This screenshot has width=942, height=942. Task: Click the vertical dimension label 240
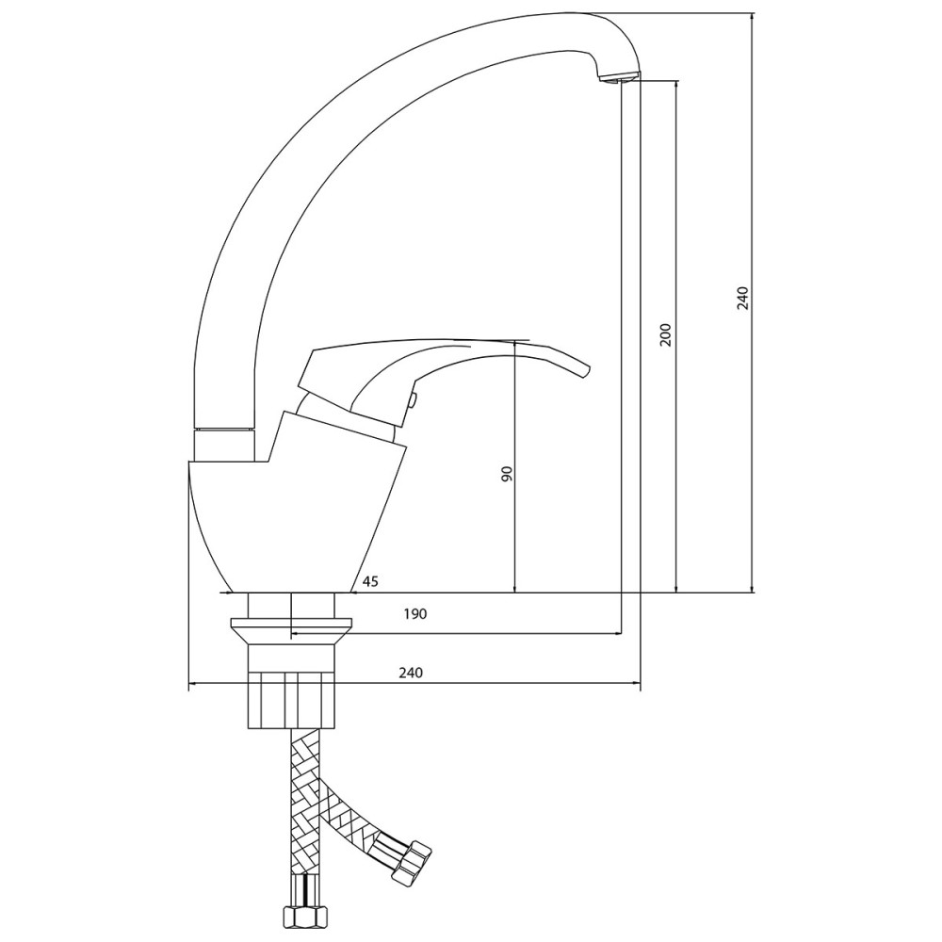(x=742, y=298)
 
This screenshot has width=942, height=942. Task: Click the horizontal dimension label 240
(x=411, y=673)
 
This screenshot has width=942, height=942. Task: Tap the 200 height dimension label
(x=666, y=335)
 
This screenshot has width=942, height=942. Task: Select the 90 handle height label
(x=507, y=474)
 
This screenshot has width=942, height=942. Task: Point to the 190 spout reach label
(x=415, y=614)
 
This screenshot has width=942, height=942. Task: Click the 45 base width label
(x=370, y=581)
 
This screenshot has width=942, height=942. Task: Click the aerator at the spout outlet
(x=620, y=79)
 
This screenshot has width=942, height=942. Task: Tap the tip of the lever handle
(x=588, y=370)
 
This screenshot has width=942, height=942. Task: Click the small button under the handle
(x=413, y=400)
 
